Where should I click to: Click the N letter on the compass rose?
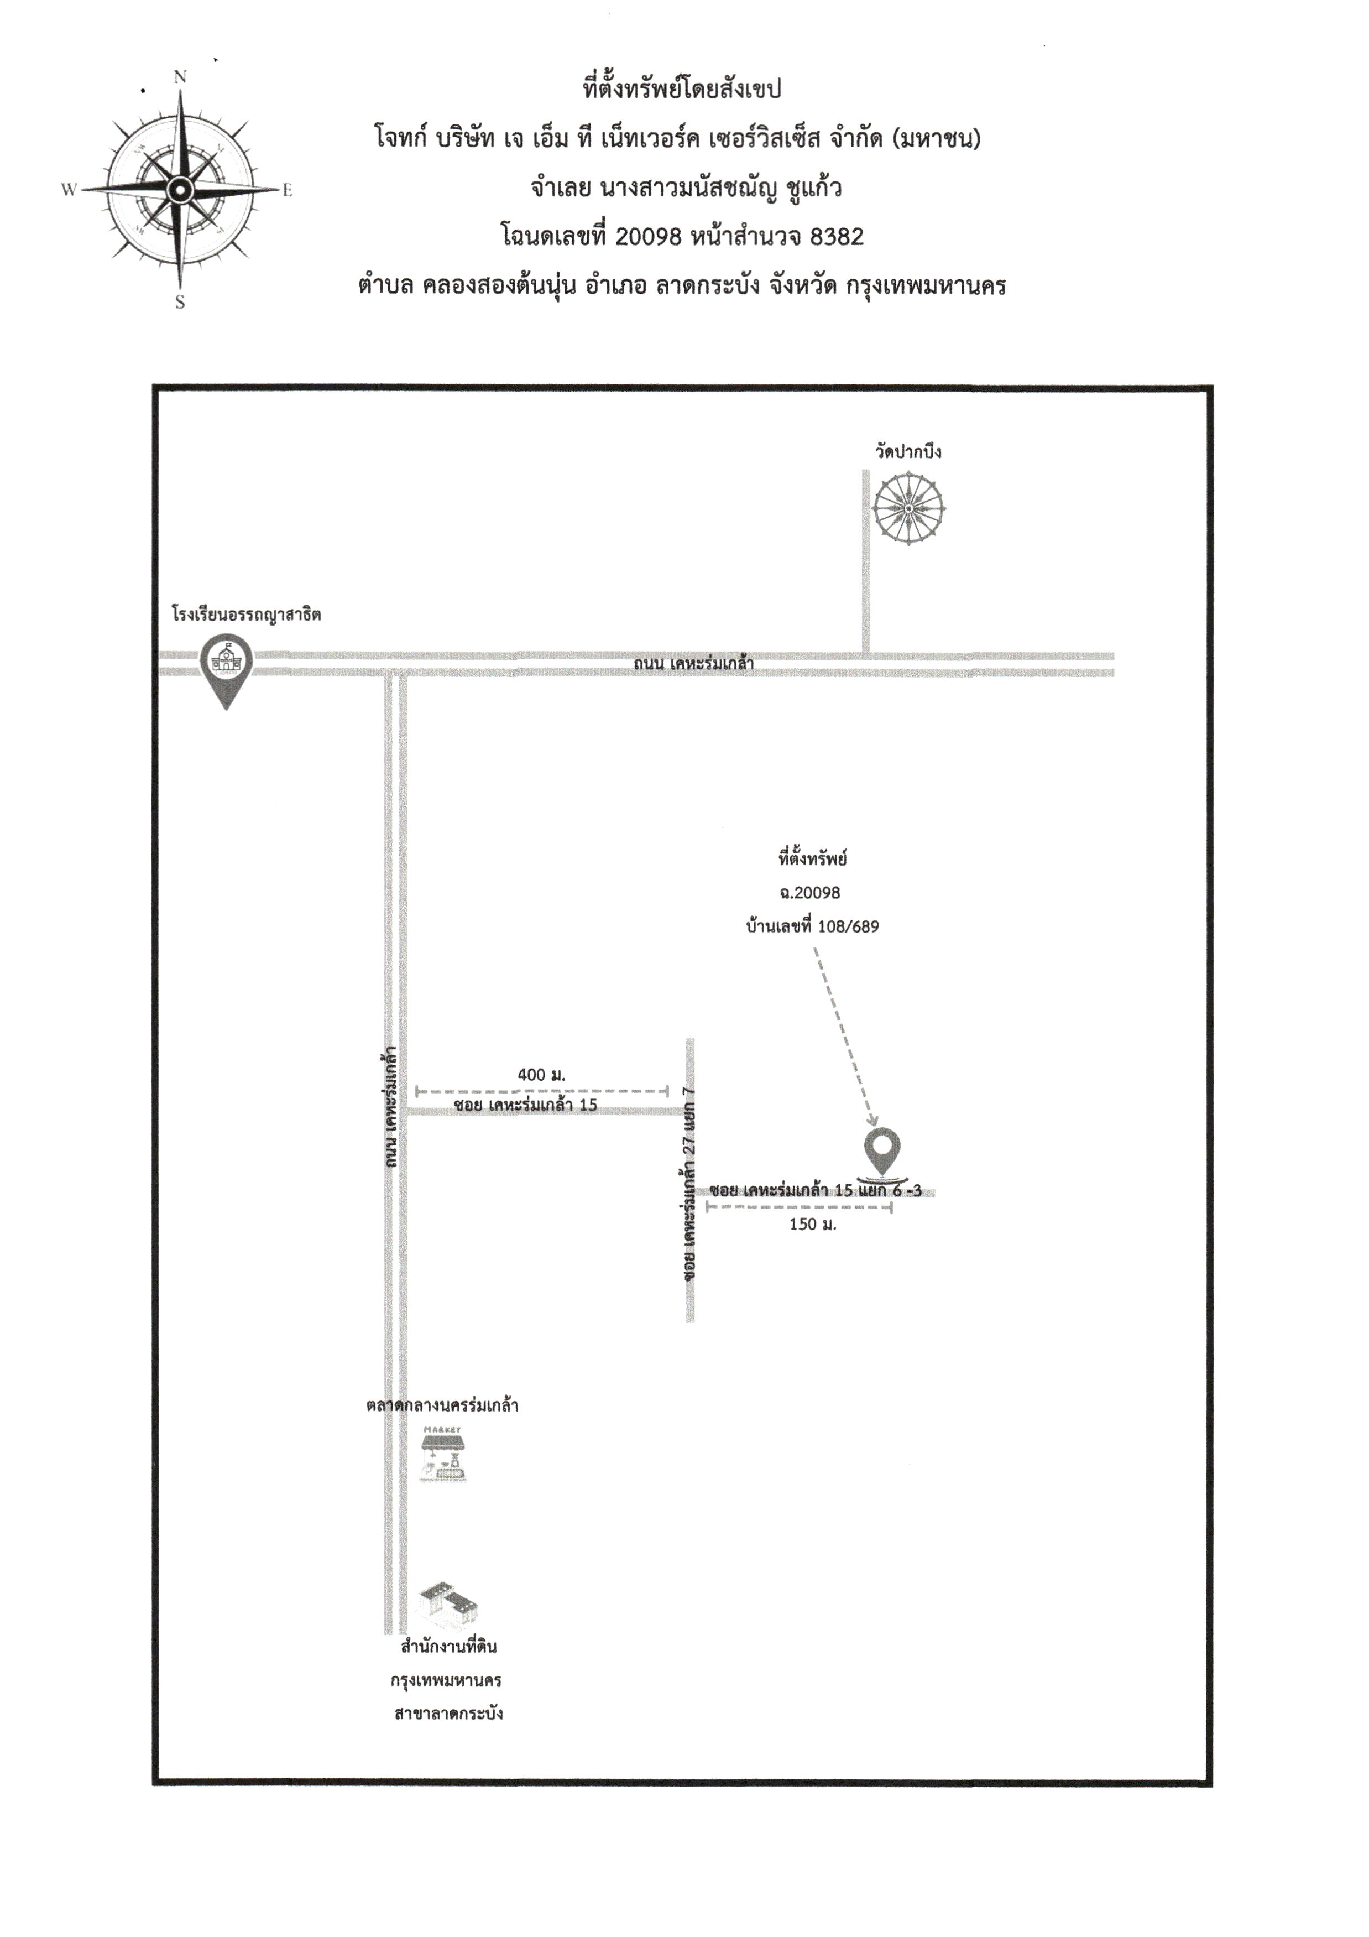180,77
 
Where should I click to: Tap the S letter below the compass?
180,302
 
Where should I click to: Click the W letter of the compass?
69,190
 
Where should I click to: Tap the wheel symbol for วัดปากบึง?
908,509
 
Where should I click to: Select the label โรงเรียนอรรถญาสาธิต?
246,614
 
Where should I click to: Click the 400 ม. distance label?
541,1075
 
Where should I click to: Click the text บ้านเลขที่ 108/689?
812,926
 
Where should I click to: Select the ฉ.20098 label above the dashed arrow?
810,893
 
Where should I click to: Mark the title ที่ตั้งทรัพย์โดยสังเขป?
682,88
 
